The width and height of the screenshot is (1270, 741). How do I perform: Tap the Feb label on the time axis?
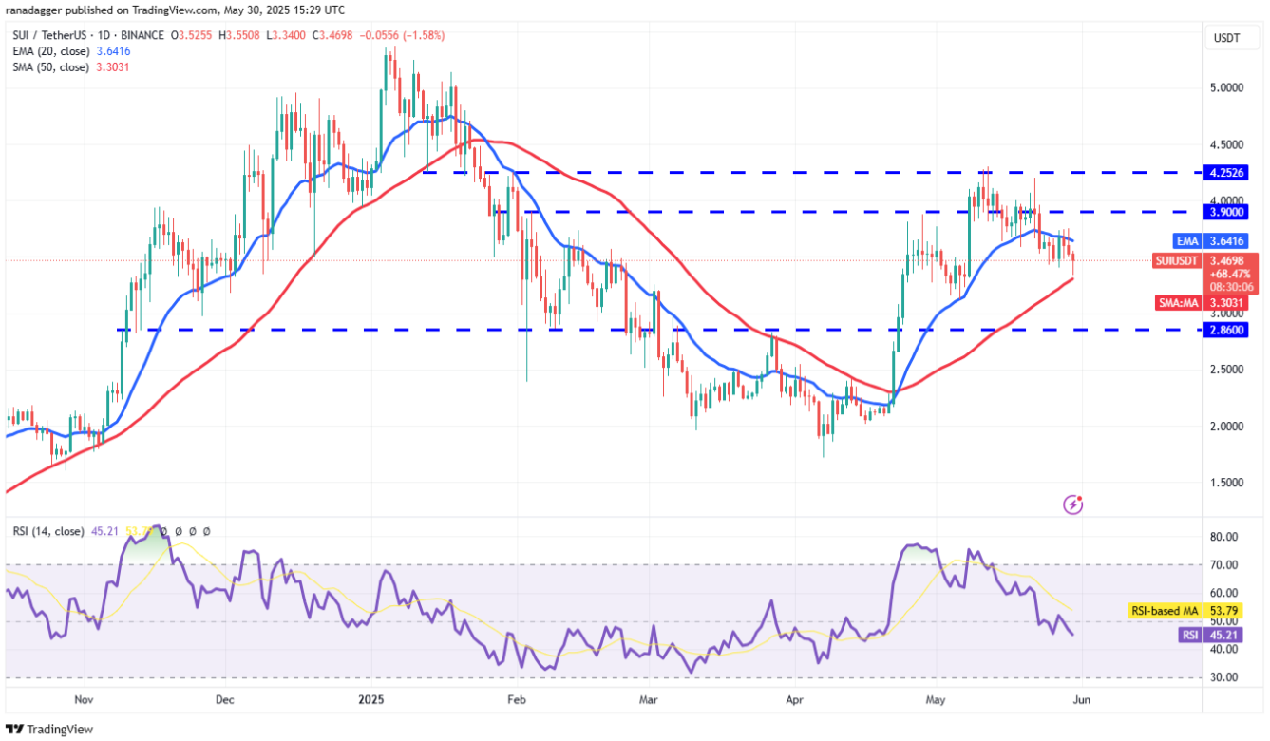coord(516,700)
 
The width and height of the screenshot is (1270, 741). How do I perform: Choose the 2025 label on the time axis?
coord(370,700)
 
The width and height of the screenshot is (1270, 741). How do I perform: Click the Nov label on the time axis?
coord(84,700)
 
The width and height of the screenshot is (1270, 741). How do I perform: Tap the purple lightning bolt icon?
coord(1073,504)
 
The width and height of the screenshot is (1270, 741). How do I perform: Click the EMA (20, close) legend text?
coord(47,51)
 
